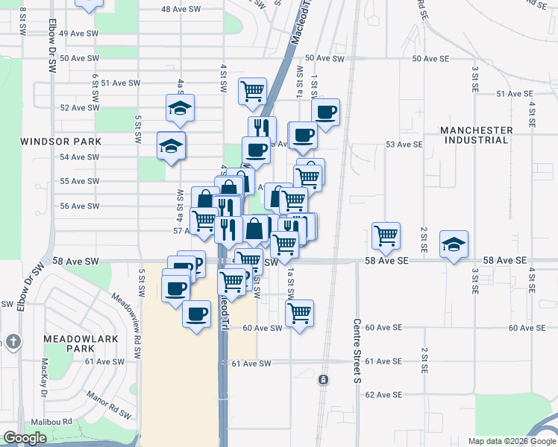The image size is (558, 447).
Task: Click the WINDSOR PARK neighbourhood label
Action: point(60,141)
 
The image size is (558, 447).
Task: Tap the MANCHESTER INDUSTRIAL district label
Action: point(477,135)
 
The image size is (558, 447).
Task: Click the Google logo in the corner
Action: point(25,439)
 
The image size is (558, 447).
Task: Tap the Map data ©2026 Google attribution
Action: point(512,441)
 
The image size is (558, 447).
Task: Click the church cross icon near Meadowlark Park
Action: point(12,341)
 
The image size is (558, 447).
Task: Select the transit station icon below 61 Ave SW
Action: point(323,380)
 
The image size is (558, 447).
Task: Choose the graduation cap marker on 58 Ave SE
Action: point(453,244)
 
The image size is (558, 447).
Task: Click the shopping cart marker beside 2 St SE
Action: point(386,235)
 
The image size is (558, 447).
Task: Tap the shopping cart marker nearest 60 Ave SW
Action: point(299,312)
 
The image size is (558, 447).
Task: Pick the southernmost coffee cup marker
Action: point(197,314)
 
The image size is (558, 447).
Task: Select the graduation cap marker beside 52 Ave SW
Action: point(180,109)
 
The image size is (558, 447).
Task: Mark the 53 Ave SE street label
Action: point(398,145)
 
